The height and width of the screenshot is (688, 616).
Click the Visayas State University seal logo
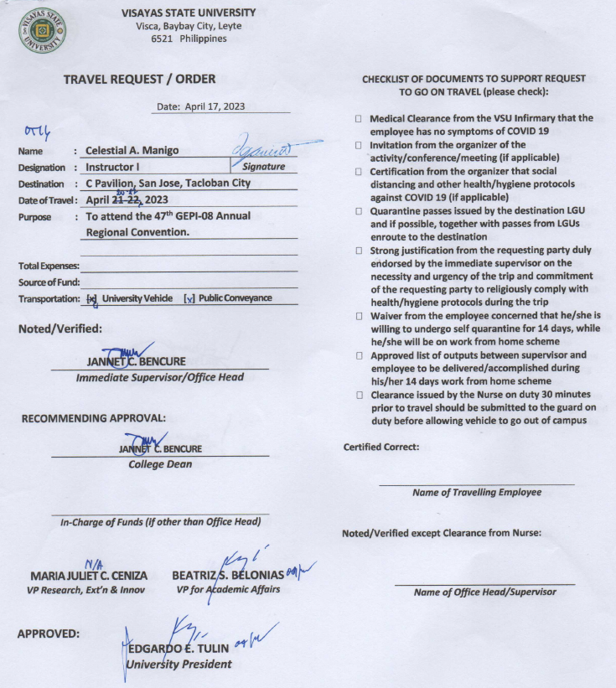click(42, 31)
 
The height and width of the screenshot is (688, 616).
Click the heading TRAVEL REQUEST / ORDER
click(140, 80)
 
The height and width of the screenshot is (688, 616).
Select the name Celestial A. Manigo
click(132, 151)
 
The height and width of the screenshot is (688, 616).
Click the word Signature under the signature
click(264, 167)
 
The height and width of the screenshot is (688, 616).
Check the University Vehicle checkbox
click(92, 298)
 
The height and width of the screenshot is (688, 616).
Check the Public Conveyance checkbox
click(189, 298)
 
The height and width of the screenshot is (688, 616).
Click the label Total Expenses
click(47, 266)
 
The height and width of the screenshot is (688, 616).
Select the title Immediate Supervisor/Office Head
click(160, 378)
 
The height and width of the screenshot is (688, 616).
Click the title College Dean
click(159, 464)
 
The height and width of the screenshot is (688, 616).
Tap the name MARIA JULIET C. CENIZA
click(89, 577)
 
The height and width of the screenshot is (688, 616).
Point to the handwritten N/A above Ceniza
click(93, 563)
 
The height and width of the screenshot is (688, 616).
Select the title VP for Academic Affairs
click(228, 590)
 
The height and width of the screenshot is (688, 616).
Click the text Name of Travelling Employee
click(477, 493)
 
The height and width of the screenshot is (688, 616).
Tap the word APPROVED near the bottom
click(49, 634)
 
